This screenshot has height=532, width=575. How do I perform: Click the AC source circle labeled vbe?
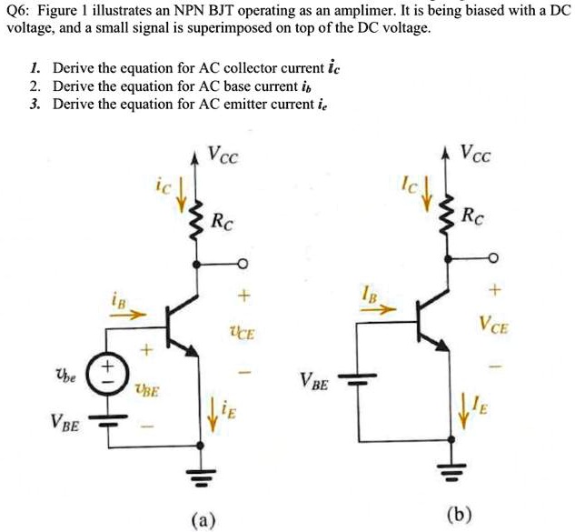pos(108,373)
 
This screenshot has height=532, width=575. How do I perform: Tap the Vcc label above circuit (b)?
pos(477,154)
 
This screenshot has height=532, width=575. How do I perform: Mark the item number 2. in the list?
pos(34,86)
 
